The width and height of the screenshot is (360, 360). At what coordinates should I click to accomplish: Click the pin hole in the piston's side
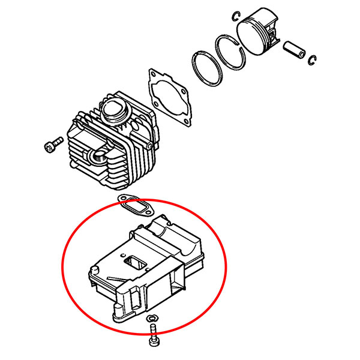[274, 40]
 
